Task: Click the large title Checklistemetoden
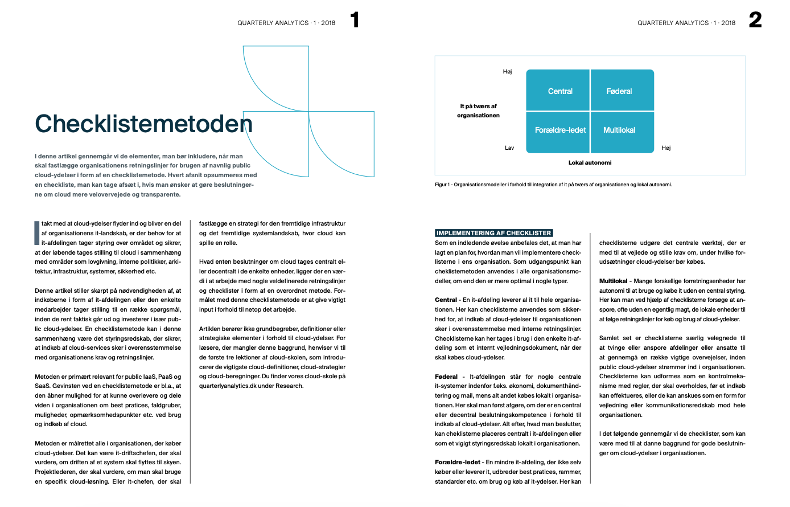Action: (143, 124)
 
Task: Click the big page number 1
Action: (355, 21)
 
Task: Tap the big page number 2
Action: (755, 21)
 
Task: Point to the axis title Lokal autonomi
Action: (590, 163)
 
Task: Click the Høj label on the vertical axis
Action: (507, 72)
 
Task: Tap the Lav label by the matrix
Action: (509, 148)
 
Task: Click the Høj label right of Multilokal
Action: (666, 148)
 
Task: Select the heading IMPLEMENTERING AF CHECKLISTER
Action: (493, 233)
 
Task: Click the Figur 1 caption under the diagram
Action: (553, 185)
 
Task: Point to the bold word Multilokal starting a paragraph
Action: (614, 281)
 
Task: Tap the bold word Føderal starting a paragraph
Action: (446, 377)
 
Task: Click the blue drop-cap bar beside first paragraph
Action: (37, 233)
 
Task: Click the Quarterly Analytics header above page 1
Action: (286, 23)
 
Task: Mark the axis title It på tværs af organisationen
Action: (478, 111)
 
